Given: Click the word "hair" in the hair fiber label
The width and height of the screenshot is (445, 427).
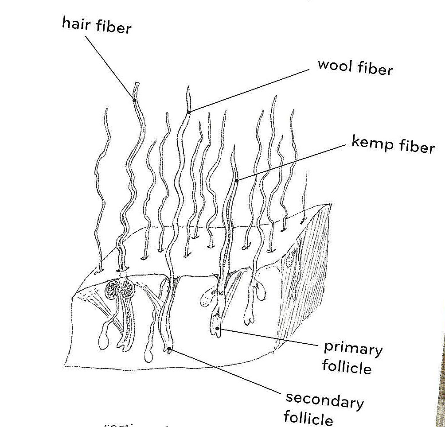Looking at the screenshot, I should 76,23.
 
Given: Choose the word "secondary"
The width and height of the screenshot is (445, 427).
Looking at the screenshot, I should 324,401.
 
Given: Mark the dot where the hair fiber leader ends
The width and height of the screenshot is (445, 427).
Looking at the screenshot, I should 134,100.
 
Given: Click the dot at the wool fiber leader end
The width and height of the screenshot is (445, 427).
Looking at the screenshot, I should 189,112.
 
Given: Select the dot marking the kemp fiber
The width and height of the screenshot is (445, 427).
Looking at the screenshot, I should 237,180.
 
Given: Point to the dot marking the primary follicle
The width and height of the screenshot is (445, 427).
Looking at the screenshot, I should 217,329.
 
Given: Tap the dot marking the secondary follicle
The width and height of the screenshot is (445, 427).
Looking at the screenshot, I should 169,349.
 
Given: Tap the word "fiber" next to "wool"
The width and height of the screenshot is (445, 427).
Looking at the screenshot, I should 377,69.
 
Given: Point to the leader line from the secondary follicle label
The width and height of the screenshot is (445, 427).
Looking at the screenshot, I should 226,372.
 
